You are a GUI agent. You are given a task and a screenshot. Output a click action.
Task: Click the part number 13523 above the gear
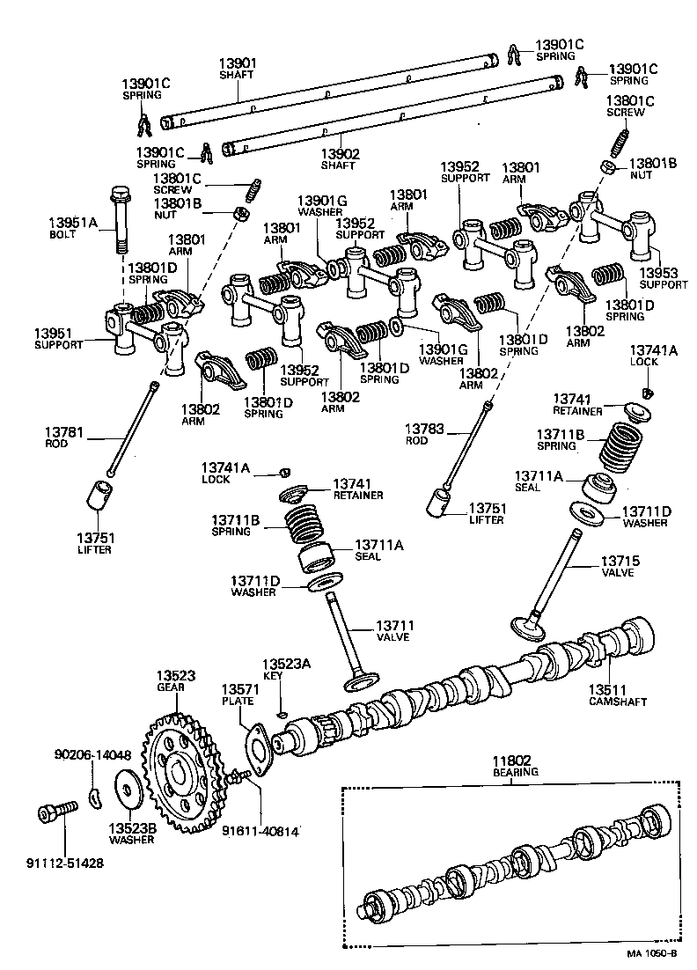(177, 675)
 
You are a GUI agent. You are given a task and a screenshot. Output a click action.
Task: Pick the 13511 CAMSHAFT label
(617, 694)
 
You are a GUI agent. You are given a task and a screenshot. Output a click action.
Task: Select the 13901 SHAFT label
(238, 68)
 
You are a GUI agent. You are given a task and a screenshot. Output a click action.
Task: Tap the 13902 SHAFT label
(339, 158)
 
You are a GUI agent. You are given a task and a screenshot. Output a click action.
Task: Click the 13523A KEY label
(286, 669)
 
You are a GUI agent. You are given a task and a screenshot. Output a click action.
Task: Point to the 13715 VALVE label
(620, 565)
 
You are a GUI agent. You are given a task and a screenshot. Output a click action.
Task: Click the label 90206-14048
(92, 754)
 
